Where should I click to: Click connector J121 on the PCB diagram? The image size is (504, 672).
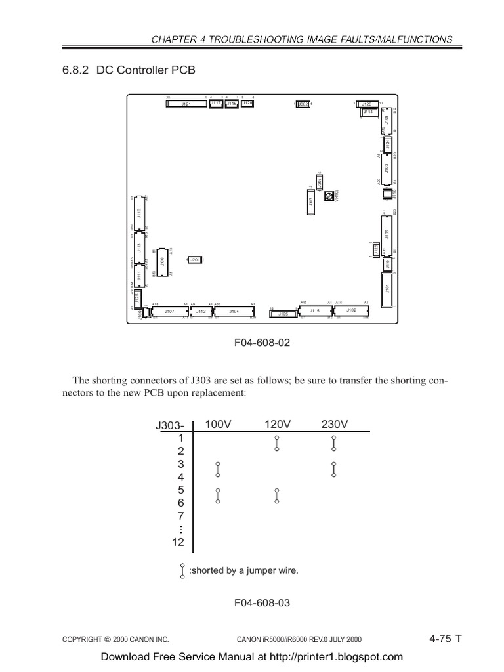(x=186, y=104)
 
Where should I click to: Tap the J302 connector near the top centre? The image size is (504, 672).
(x=303, y=104)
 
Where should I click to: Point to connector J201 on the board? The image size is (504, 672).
(x=195, y=260)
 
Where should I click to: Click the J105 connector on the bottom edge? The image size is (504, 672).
(x=282, y=314)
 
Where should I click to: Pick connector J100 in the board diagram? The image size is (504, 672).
(x=161, y=261)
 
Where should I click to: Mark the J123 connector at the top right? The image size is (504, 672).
(x=367, y=104)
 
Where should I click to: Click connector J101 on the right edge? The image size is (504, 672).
(x=387, y=288)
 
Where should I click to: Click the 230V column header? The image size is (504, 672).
(x=334, y=424)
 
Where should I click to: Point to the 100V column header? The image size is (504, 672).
(x=219, y=424)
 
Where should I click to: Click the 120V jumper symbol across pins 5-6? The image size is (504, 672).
(x=277, y=496)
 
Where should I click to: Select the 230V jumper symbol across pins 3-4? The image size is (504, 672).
(x=334, y=470)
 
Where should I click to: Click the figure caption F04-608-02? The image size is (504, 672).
(x=262, y=342)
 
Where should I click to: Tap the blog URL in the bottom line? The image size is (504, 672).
(x=332, y=656)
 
